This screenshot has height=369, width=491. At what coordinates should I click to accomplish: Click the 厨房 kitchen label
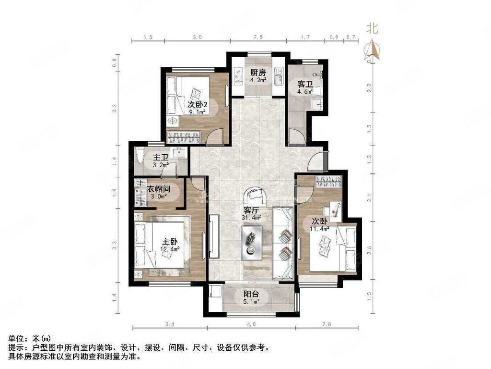click(258, 73)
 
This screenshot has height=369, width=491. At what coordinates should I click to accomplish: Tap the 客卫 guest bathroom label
click(305, 83)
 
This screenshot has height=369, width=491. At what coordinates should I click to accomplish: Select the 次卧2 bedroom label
click(197, 105)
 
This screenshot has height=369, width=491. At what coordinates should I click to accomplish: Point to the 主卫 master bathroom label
click(161, 158)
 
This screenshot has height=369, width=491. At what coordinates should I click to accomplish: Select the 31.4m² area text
click(251, 218)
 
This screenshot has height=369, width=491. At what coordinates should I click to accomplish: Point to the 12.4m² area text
click(169, 249)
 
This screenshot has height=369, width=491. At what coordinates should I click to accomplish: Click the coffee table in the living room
click(251, 242)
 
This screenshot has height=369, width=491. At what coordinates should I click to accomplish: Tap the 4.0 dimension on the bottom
click(251, 325)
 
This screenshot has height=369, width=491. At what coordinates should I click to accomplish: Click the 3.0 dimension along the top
click(197, 37)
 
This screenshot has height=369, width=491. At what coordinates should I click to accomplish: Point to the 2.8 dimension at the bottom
click(327, 325)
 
